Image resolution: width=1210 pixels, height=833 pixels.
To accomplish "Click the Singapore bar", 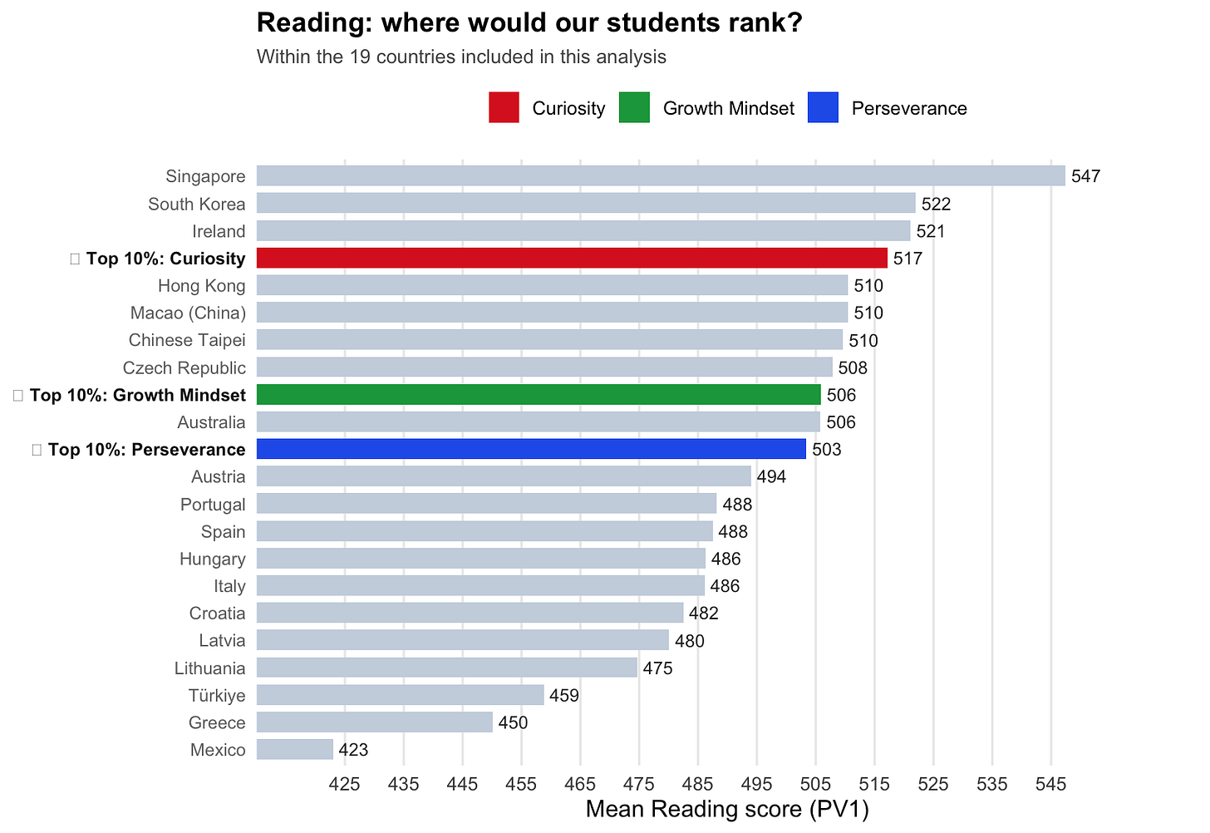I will [661, 176].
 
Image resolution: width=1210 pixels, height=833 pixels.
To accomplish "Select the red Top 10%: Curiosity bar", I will [572, 258].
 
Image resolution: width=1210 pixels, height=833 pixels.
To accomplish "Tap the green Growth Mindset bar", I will [539, 395].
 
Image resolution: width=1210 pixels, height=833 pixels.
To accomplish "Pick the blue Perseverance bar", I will [531, 449].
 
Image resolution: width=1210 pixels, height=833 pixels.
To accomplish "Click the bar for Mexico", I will [295, 750].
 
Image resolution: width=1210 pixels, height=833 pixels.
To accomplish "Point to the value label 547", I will [1085, 176].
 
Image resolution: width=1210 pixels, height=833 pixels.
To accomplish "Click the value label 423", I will [353, 750].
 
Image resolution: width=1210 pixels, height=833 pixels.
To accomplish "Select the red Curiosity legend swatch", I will [504, 108].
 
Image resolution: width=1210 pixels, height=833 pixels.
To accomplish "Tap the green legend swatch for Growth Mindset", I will [634, 108].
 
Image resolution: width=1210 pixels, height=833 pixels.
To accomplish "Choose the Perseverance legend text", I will [909, 109].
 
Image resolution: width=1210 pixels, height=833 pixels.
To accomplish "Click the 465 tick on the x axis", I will [580, 784].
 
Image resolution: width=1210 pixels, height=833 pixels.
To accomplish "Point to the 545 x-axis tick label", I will [1050, 784].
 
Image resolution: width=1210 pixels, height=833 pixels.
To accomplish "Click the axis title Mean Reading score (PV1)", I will [727, 810].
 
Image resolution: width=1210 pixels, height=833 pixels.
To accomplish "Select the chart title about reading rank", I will [529, 23].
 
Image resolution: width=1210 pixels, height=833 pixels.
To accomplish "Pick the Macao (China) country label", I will [188, 313].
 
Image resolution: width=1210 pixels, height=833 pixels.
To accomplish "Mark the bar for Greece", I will [374, 722].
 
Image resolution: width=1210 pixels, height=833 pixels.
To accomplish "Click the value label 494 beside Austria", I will [771, 476].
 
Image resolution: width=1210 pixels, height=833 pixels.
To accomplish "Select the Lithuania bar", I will [446, 668].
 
